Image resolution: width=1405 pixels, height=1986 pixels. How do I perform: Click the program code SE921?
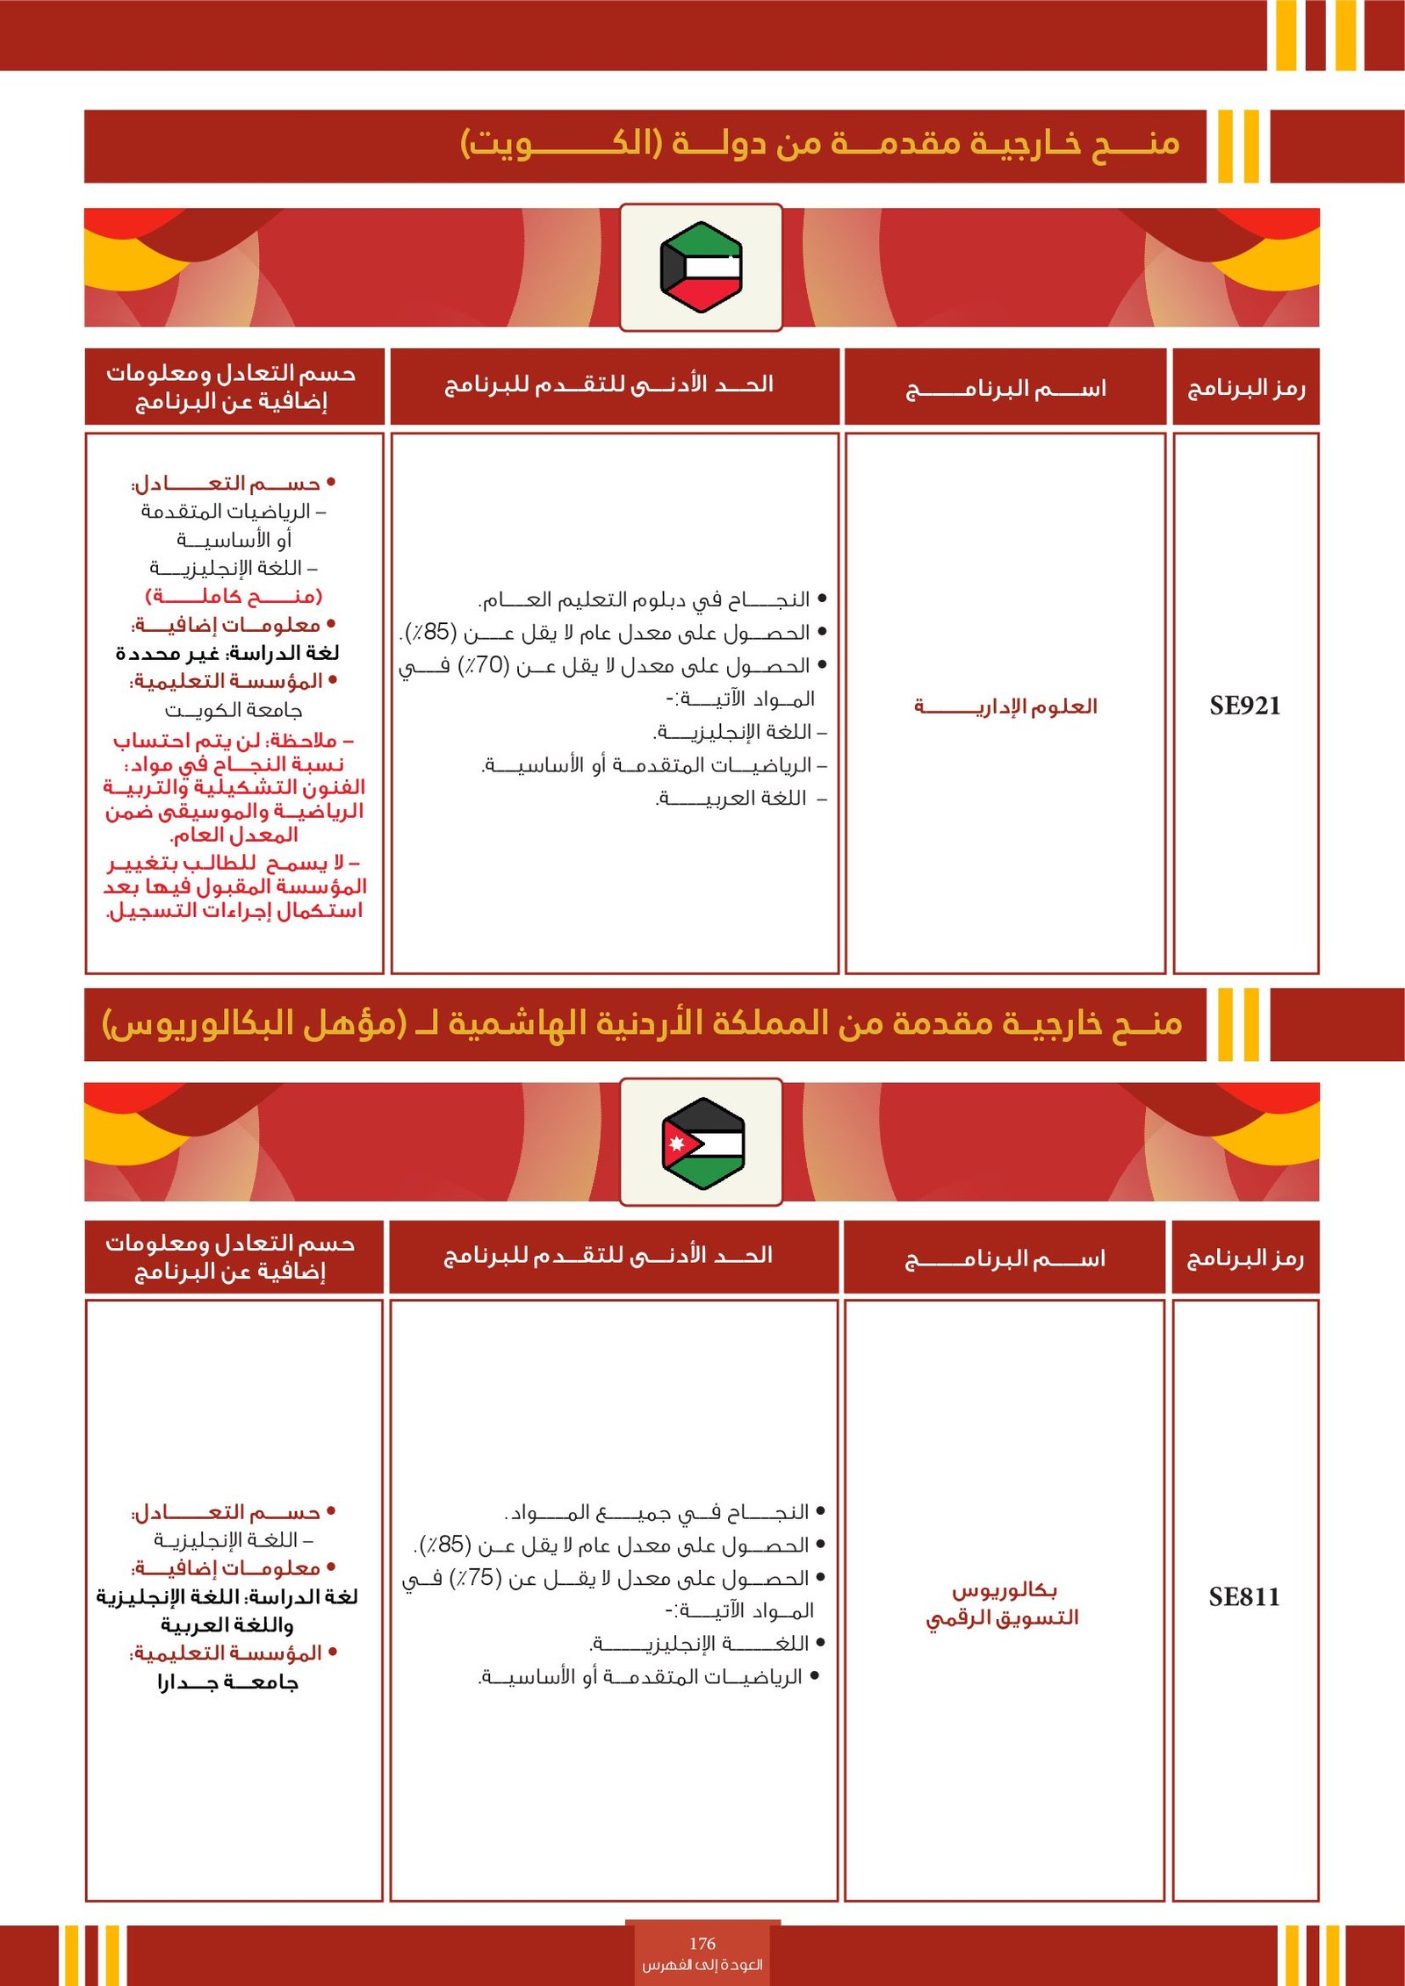tap(1244, 706)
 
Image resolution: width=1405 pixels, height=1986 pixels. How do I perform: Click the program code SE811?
tap(1243, 1596)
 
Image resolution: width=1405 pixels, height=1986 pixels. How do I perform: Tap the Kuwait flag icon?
tap(701, 267)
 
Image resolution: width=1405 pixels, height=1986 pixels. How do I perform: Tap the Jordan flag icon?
tap(702, 1142)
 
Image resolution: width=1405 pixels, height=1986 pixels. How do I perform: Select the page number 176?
tap(702, 1943)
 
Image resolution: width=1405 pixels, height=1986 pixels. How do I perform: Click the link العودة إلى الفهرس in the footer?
tap(702, 1964)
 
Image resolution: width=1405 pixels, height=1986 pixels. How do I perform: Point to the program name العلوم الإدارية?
tap(1005, 706)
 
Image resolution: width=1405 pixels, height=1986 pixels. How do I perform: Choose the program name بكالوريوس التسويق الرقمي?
tap(1003, 1603)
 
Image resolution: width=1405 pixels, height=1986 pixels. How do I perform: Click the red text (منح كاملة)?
tap(234, 596)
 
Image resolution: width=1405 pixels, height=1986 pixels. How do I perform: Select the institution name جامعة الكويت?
tap(234, 709)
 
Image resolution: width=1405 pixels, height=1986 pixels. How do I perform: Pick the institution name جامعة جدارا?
tap(228, 1682)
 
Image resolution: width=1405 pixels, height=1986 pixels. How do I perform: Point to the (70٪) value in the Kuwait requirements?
tap(484, 665)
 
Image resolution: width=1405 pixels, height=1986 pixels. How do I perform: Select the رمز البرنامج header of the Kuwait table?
tap(1246, 388)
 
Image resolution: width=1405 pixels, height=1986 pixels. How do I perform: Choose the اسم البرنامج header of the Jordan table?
tap(1005, 1258)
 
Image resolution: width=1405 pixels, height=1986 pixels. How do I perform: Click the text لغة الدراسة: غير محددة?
tap(227, 653)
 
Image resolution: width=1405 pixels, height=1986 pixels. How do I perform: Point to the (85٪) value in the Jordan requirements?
tap(446, 1545)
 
